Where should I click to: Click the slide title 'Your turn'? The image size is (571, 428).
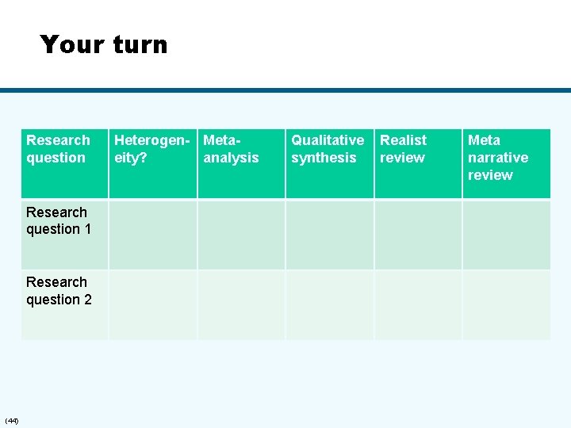coord(104,44)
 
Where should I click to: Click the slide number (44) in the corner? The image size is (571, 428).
coord(12,419)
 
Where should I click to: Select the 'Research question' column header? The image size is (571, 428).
coord(58,149)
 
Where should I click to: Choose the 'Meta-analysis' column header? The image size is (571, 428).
coord(232,149)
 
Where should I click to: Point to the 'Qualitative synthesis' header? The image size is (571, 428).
coord(328,149)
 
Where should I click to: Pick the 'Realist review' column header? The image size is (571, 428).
coord(404,149)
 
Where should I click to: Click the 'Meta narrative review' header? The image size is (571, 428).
coord(498,157)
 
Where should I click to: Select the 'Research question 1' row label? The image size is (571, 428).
coord(59,220)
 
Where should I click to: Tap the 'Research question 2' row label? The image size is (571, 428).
coord(59,291)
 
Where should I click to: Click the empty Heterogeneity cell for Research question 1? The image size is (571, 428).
coord(153,235)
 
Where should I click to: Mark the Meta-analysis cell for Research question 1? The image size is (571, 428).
coord(241,235)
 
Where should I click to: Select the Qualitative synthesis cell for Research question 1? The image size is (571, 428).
coord(330,235)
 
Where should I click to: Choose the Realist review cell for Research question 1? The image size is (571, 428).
coord(418,235)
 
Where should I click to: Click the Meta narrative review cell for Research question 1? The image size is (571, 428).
coord(506,235)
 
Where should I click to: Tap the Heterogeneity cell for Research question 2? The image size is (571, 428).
coord(153,304)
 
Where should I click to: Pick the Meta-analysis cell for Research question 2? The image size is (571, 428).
coord(241,304)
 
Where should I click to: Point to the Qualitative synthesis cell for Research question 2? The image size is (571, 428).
coord(330,304)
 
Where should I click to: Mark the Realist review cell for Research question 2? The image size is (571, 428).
coord(418,304)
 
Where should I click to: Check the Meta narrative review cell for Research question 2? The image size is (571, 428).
coord(506,304)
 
